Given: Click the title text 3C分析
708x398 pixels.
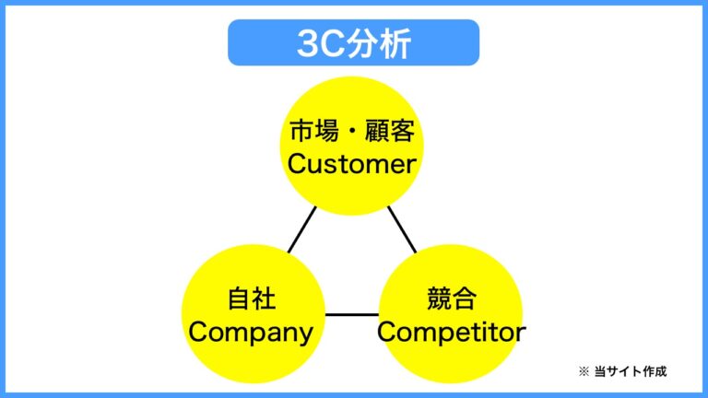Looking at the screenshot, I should (354, 43).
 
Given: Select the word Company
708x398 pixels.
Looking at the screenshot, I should (251, 332).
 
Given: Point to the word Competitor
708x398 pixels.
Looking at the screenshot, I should (451, 332).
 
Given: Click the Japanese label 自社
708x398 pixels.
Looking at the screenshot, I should (252, 298).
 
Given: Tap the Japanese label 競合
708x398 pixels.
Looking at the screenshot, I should (451, 298).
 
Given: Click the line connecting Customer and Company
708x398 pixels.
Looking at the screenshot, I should (301, 229).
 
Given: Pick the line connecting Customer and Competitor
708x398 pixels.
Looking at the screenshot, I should (402, 229).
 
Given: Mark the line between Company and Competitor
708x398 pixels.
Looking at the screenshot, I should (351, 314).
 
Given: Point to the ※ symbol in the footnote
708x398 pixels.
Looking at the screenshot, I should (583, 371).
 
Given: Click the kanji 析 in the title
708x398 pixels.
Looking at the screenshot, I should (393, 43).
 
